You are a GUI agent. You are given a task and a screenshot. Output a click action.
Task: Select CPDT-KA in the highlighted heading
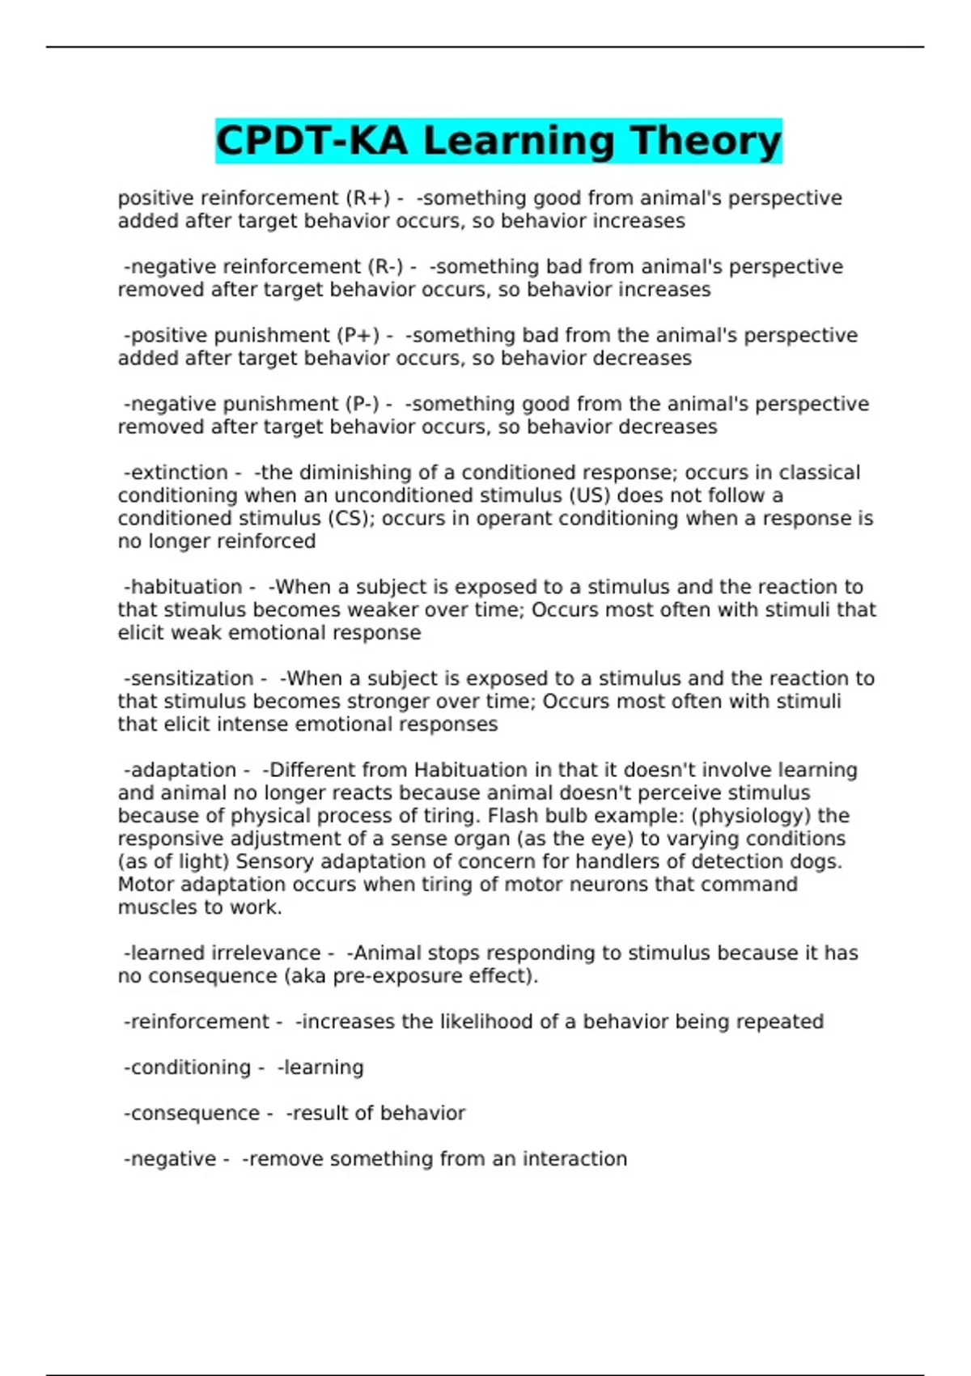(312, 141)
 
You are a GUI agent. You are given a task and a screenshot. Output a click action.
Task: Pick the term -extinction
(176, 473)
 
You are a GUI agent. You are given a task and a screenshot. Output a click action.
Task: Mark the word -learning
(320, 1068)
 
